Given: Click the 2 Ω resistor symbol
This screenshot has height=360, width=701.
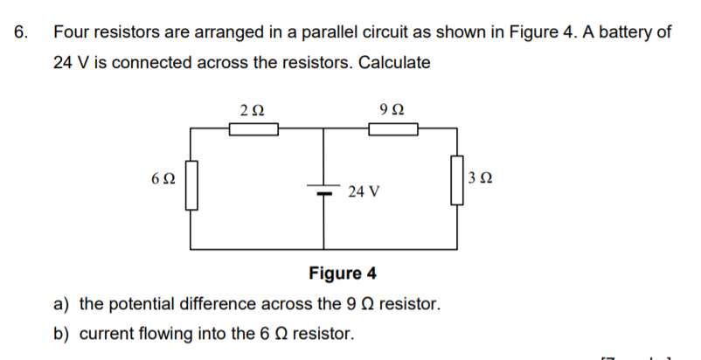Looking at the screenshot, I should (x=253, y=129).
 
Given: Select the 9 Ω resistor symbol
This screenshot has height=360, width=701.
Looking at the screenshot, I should (x=393, y=129).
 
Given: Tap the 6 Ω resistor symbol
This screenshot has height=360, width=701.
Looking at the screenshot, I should (x=191, y=185).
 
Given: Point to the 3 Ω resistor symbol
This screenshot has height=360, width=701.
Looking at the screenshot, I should (x=456, y=180).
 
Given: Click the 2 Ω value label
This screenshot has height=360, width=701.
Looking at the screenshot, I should (x=251, y=109).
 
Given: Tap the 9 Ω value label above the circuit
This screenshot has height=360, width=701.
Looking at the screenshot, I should (x=392, y=109).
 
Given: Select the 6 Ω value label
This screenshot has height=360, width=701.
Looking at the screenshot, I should (x=163, y=177).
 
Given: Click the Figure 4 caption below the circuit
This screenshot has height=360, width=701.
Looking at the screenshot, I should (x=344, y=273).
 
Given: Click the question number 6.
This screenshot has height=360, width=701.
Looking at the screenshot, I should (x=21, y=32).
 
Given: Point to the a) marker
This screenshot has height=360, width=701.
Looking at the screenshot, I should (x=62, y=304).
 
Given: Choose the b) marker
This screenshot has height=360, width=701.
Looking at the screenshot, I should (x=62, y=333).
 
